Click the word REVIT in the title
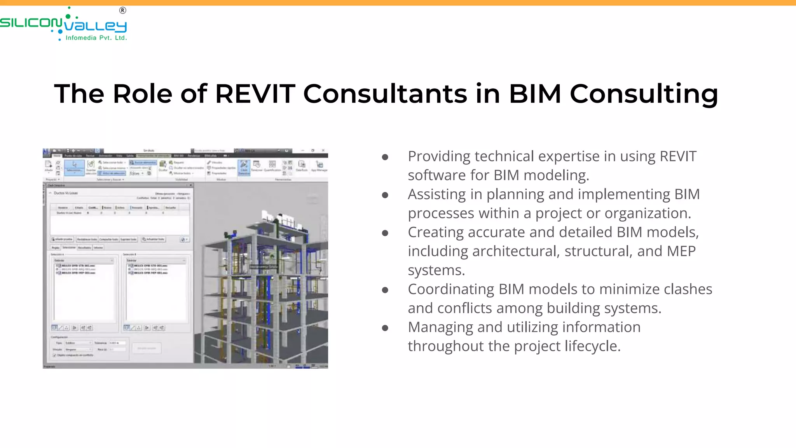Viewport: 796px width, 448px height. pyautogui.click(x=255, y=94)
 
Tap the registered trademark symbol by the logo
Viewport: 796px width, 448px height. pyautogui.click(x=122, y=10)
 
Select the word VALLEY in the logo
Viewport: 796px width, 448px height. pyautogui.click(x=96, y=26)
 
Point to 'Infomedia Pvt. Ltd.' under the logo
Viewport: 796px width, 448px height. pyautogui.click(x=96, y=38)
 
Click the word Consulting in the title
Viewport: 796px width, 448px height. pyautogui.click(x=644, y=94)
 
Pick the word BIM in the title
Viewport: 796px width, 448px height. pyautogui.click(x=535, y=94)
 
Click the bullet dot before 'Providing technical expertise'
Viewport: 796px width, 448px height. pyautogui.click(x=385, y=157)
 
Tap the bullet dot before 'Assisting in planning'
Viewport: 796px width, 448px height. pyautogui.click(x=385, y=195)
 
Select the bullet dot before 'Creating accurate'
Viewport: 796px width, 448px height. pyautogui.click(x=385, y=233)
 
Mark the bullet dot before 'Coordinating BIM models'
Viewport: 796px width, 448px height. pyautogui.click(x=385, y=290)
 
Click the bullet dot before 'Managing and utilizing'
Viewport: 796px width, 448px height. pyautogui.click(x=385, y=328)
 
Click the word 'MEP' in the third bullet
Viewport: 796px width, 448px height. pyautogui.click(x=681, y=251)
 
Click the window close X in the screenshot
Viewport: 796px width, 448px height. pyautogui.click(x=323, y=150)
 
